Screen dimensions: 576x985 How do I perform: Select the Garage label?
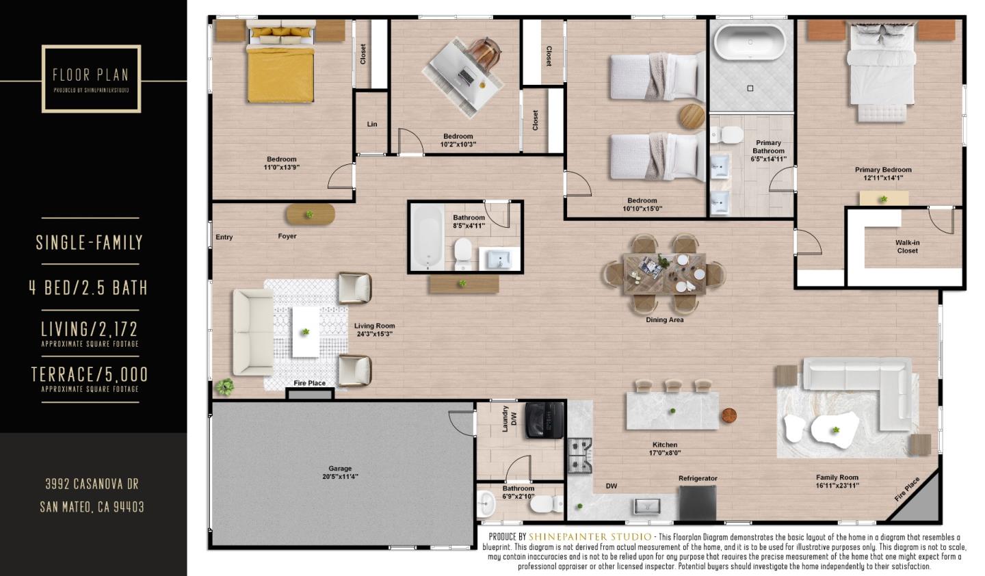tap(340, 469)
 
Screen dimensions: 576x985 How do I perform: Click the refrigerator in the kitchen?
tap(697, 502)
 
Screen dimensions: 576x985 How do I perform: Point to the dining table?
tap(664, 274)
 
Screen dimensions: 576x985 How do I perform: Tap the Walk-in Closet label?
tap(908, 246)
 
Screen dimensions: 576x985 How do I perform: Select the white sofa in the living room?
tap(252, 336)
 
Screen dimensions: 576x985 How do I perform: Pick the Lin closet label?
tap(372, 124)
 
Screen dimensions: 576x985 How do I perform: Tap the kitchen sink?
tap(645, 506)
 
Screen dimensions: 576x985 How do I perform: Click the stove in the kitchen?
tap(579, 451)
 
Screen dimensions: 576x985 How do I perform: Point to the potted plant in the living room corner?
tap(224, 388)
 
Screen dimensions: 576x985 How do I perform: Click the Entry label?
tap(224, 237)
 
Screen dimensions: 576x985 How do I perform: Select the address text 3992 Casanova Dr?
tap(92, 484)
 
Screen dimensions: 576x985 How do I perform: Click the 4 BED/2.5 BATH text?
tap(88, 287)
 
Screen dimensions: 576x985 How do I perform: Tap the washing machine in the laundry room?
tap(544, 419)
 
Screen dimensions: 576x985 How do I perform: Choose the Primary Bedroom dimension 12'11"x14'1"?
tap(882, 178)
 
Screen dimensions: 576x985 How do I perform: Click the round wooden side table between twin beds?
tap(692, 116)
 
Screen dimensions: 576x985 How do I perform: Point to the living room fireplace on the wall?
tap(310, 393)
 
